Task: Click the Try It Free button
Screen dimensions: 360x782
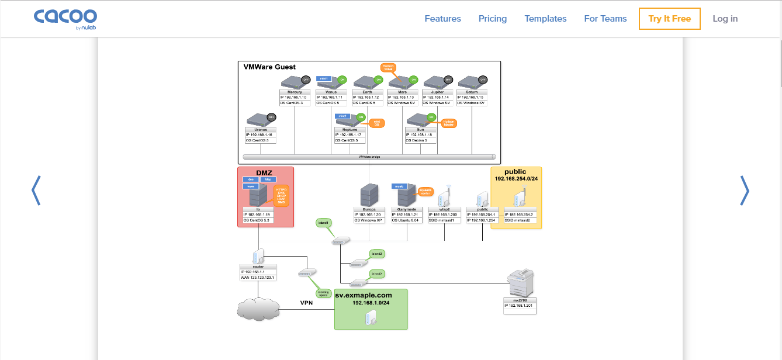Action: tap(669, 19)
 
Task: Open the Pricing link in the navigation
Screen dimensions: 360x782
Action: tap(493, 19)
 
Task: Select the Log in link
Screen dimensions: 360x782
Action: tap(725, 19)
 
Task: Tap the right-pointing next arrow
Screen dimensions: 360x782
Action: tap(744, 191)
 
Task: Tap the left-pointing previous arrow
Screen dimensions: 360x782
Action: tap(36, 191)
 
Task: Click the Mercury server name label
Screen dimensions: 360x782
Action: tap(295, 92)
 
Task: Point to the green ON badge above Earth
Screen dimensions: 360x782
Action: tap(378, 79)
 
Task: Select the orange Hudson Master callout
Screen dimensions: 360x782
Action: tap(449, 123)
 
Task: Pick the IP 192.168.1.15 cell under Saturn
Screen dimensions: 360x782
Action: tap(472, 97)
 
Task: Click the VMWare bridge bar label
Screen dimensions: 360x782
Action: tap(369, 157)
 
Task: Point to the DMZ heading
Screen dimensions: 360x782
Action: tap(265, 172)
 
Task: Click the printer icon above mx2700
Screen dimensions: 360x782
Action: tap(520, 283)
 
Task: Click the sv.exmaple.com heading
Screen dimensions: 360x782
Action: tap(364, 295)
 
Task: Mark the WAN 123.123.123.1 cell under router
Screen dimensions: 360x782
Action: tap(257, 278)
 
